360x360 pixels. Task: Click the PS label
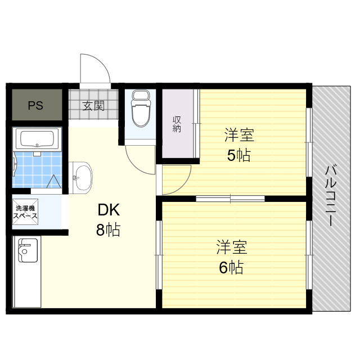click(37, 105)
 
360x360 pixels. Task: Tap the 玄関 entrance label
click(94, 105)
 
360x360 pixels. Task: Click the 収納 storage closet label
click(177, 124)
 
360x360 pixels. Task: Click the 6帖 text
click(231, 268)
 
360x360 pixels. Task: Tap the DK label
click(109, 210)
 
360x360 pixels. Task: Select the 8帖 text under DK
click(109, 229)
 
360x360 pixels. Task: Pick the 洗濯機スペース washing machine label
click(26, 212)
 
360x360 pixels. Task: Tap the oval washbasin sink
click(83, 177)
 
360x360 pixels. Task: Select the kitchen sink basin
click(25, 250)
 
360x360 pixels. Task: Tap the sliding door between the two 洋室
click(230, 199)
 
